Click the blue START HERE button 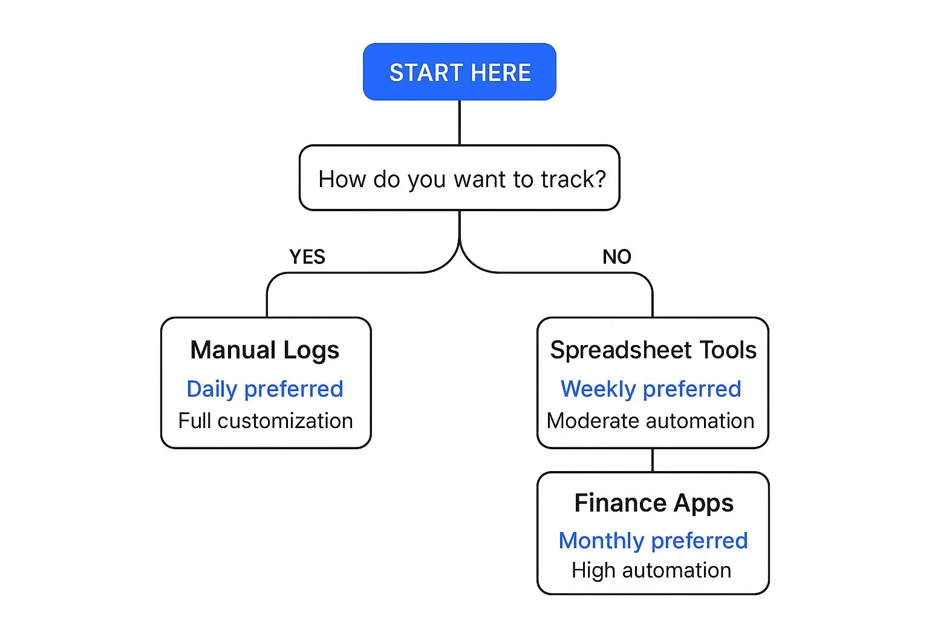click(459, 72)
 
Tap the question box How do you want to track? click(459, 178)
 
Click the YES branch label click(307, 257)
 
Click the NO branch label click(616, 257)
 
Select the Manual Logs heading click(265, 350)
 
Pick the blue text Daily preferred click(265, 389)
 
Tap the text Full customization click(265, 421)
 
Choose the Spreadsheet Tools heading click(653, 350)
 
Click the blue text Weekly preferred click(651, 389)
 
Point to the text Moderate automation click(650, 421)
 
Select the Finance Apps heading click(654, 503)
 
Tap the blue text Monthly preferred click(653, 540)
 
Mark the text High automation click(651, 570)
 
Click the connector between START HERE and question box click(460, 122)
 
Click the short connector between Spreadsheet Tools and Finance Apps click(653, 460)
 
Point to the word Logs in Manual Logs click(311, 351)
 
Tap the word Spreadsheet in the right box click(621, 350)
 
